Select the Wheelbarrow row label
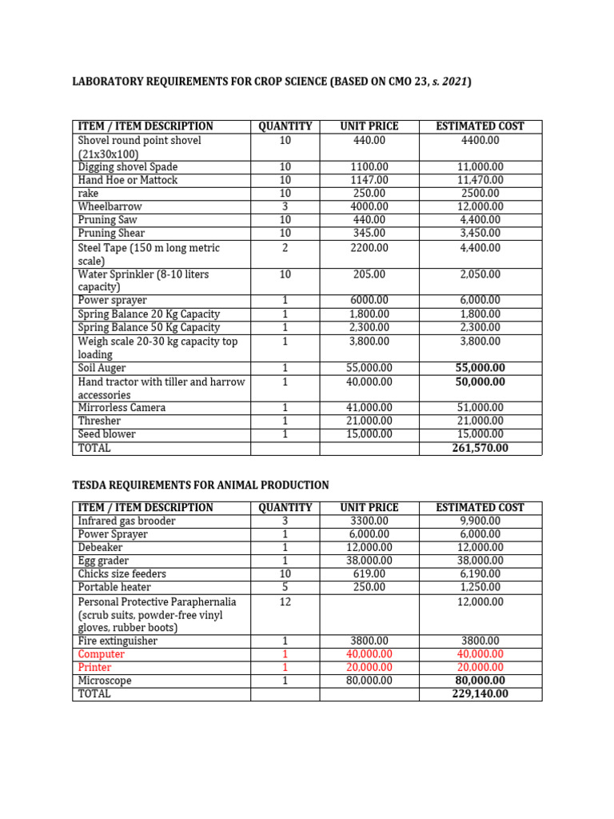click(110, 206)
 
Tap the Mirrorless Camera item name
click(122, 407)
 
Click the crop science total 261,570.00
click(480, 448)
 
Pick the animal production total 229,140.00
click(480, 693)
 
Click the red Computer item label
click(102, 653)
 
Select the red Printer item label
click(94, 667)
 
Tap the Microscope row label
click(105, 680)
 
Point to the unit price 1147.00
click(369, 180)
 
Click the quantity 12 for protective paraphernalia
click(285, 601)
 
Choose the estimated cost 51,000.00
click(480, 407)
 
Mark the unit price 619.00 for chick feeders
click(369, 573)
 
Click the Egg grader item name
click(103, 561)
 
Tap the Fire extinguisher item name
click(118, 641)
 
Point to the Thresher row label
click(100, 421)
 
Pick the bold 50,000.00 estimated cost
click(480, 382)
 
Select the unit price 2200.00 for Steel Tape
click(369, 248)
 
